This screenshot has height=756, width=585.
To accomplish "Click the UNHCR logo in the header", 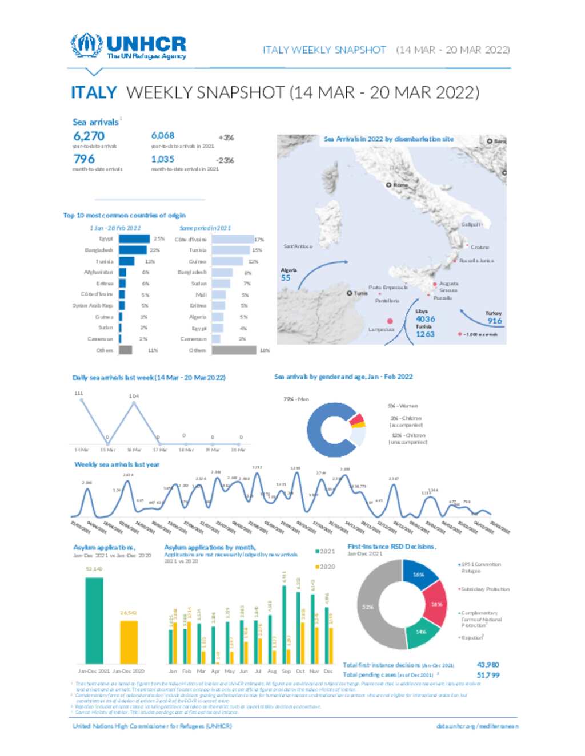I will pyautogui.click(x=129, y=46).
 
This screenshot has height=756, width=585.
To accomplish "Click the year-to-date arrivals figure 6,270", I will pyautogui.click(x=89, y=136).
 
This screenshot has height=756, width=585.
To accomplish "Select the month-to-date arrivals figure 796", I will pyautogui.click(x=84, y=159).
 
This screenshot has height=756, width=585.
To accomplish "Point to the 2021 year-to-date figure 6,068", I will pyautogui.click(x=163, y=135).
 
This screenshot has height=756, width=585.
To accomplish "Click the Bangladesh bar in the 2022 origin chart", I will pyautogui.click(x=132, y=250).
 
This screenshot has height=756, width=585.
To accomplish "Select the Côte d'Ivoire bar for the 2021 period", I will pyautogui.click(x=232, y=239).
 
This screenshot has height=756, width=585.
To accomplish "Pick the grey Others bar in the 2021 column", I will pyautogui.click(x=234, y=350).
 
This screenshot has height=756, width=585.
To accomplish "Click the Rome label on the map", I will pyautogui.click(x=400, y=185).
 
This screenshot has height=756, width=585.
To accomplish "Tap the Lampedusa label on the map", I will pyautogui.click(x=381, y=329).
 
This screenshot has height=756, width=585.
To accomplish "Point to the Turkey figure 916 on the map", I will pyautogui.click(x=495, y=321).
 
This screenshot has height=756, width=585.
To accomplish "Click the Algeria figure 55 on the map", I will pyautogui.click(x=286, y=278).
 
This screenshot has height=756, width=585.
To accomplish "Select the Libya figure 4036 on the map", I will pyautogui.click(x=425, y=319).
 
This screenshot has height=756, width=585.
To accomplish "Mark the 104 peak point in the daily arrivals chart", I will pyautogui.click(x=134, y=403).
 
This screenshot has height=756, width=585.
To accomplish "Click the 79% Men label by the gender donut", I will pyautogui.click(x=296, y=399).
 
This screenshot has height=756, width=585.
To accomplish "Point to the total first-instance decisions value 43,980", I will pyautogui.click(x=488, y=665).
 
